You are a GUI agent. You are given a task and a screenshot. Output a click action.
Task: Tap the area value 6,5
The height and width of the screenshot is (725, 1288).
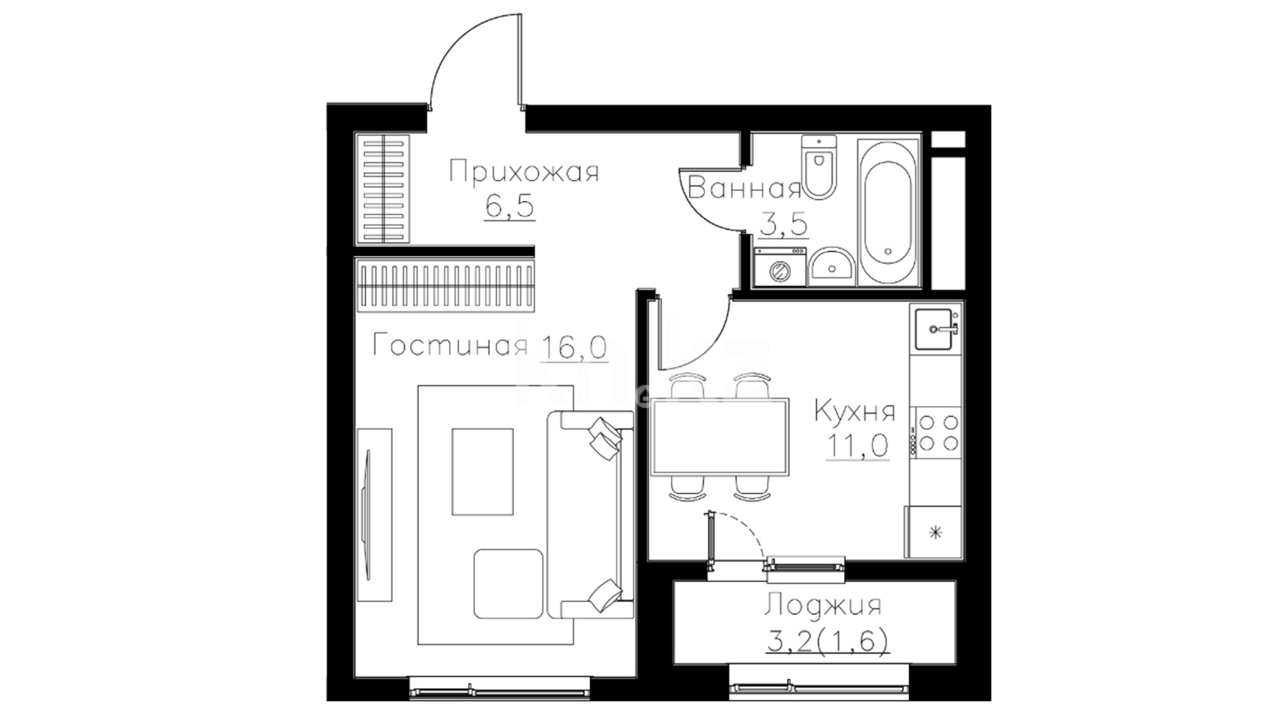pyautogui.click(x=510, y=206)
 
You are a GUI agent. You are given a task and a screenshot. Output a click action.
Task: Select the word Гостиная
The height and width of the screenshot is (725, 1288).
pyautogui.click(x=450, y=346)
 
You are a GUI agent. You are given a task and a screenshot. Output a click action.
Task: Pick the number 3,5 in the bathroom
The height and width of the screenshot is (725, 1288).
pyautogui.click(x=784, y=224)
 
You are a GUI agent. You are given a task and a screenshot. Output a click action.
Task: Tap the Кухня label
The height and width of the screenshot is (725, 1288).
pyautogui.click(x=855, y=411)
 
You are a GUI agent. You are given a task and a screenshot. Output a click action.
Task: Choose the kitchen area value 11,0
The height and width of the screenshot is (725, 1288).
pyautogui.click(x=857, y=445)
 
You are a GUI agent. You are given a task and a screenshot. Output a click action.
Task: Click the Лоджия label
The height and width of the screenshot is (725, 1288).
pyautogui.click(x=822, y=606)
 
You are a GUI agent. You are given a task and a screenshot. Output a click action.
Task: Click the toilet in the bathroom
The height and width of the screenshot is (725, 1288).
pyautogui.click(x=819, y=166)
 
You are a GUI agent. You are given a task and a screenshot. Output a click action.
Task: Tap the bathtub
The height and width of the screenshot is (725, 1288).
pyautogui.click(x=888, y=212)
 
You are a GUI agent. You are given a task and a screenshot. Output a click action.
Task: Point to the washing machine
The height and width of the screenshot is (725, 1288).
pyautogui.click(x=780, y=267)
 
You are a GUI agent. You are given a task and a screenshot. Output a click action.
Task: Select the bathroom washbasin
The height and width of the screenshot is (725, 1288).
pyautogui.click(x=831, y=267)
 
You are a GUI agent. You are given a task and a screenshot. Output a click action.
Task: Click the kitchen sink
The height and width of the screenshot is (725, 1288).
pyautogui.click(x=935, y=329)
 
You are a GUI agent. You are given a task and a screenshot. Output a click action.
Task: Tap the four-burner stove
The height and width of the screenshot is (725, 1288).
pyautogui.click(x=937, y=433)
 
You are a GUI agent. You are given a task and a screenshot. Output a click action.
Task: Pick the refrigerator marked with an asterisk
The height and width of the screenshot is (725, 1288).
pyautogui.click(x=934, y=532)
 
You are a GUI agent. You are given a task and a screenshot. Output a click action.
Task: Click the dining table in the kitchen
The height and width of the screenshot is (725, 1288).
pyautogui.click(x=719, y=438)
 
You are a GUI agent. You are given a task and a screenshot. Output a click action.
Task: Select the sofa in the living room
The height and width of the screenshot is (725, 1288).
pyautogui.click(x=590, y=514)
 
